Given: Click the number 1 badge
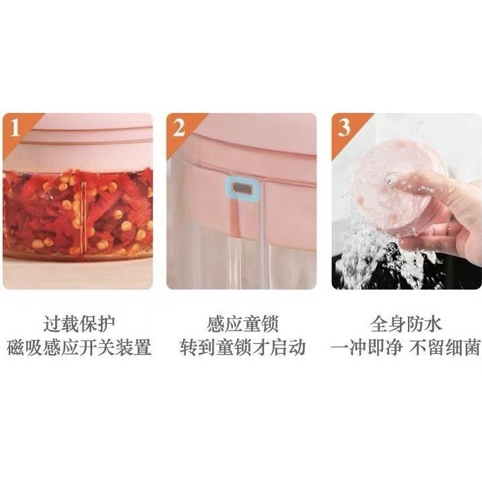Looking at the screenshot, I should (x=14, y=127).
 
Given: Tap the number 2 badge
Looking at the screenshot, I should (x=178, y=127).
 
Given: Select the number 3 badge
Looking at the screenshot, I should (x=343, y=127).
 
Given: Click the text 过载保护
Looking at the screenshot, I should (x=79, y=324).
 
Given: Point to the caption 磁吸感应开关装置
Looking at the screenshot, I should (x=79, y=348).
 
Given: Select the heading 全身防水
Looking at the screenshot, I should (x=406, y=324).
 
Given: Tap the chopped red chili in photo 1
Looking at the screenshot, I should (x=77, y=212).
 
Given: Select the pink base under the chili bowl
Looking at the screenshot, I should (x=77, y=273).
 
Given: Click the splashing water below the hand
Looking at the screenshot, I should (x=367, y=259).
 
